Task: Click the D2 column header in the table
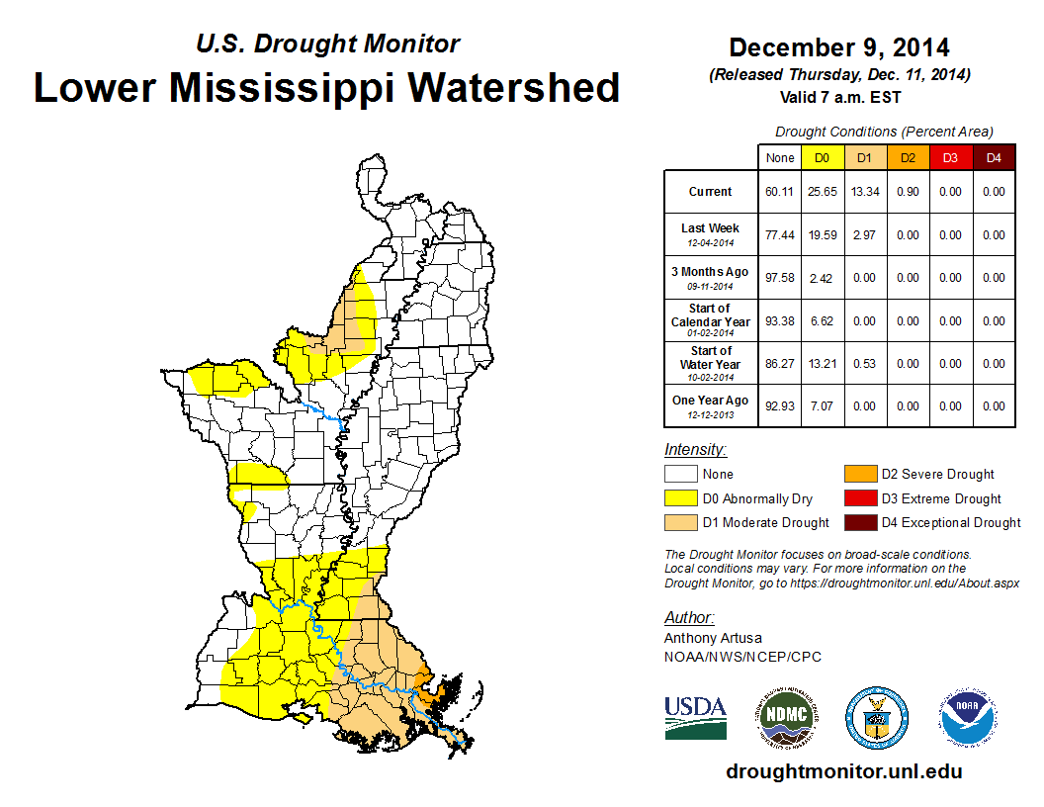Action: (909, 158)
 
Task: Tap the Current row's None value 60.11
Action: (780, 192)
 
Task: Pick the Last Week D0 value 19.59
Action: (822, 235)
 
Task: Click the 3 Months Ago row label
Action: (711, 277)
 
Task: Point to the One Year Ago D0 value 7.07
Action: (822, 405)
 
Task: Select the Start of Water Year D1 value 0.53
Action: (865, 363)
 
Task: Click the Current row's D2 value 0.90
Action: (909, 192)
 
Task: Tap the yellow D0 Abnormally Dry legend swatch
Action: (680, 498)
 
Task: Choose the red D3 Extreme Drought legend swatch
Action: (858, 498)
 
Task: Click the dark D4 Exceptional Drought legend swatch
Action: (858, 522)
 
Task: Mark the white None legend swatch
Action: (680, 474)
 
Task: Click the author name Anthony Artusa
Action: (713, 638)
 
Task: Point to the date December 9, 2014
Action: (838, 47)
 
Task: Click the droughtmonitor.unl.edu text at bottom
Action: (843, 771)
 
